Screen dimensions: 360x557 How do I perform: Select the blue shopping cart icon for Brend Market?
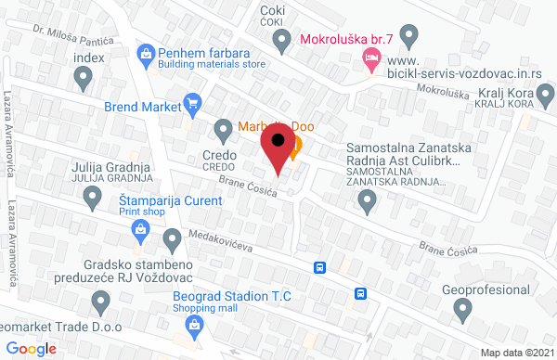tap(192, 104)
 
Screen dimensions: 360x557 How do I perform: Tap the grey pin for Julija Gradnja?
tap(92, 196)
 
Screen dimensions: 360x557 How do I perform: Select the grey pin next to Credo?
tap(223, 128)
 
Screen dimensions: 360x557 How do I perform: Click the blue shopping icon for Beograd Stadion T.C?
tap(194, 324)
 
